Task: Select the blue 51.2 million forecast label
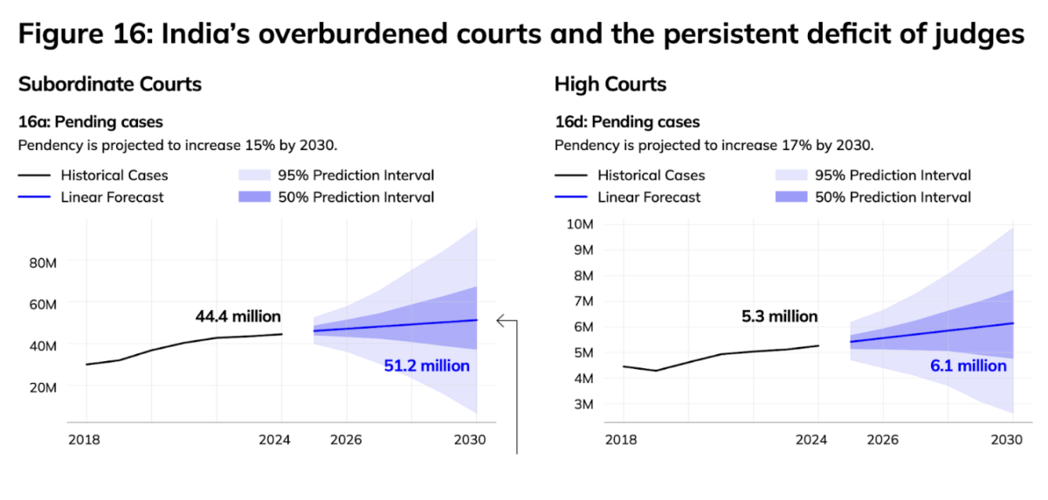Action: tap(426, 366)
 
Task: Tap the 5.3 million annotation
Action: tap(779, 317)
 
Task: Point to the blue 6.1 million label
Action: tap(968, 366)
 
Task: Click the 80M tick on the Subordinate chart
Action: tap(43, 262)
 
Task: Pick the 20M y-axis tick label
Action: tap(43, 387)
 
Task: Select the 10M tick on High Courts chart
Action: tap(581, 223)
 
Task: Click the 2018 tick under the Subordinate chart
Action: tap(84, 439)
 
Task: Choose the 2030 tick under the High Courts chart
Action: tap(1012, 439)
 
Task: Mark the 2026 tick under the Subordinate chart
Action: tap(345, 439)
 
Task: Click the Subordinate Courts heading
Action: tap(110, 85)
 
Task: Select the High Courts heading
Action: tap(610, 85)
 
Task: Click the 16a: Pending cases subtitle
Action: tap(91, 122)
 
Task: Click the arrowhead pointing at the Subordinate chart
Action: tap(501, 321)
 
